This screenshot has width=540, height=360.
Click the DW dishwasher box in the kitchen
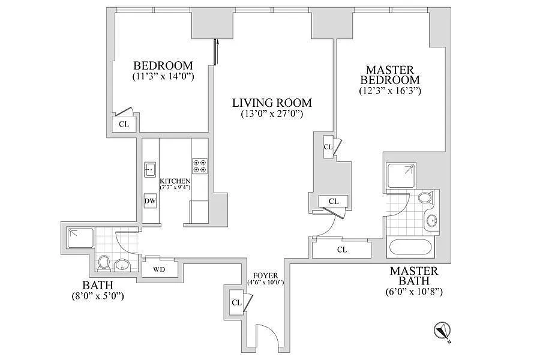[x=150, y=202]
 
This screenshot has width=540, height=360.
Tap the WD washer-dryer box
[x=159, y=269]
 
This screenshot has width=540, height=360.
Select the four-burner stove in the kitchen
[x=199, y=166]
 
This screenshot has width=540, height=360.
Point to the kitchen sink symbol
[x=150, y=169]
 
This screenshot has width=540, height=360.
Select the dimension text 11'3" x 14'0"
[x=163, y=77]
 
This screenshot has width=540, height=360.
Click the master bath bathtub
[x=413, y=248]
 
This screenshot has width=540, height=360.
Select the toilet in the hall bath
[x=104, y=262]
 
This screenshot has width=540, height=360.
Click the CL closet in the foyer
[x=236, y=302]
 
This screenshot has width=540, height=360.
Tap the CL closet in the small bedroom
[x=124, y=124]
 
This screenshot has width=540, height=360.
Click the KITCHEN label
[x=175, y=181]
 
